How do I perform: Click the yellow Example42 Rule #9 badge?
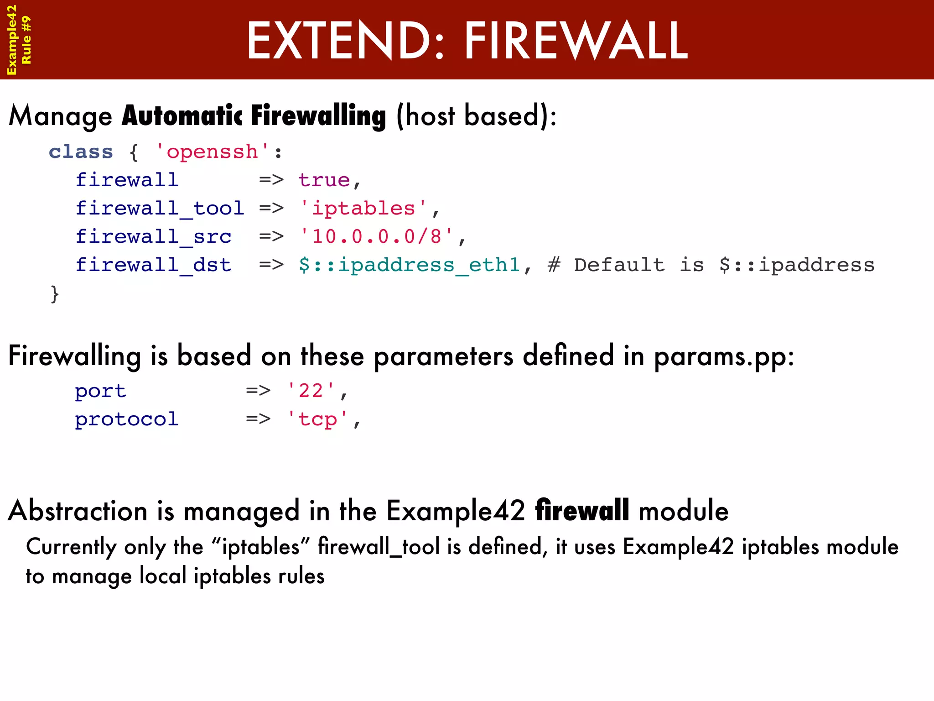[x=19, y=40]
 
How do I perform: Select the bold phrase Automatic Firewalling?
[x=254, y=116]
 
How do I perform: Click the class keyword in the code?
[x=81, y=152]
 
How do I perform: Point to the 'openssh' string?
[x=212, y=152]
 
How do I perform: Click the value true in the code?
[x=324, y=180]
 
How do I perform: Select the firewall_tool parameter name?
[x=160, y=209]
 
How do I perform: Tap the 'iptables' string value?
[x=363, y=209]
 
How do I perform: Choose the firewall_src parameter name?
[x=153, y=237]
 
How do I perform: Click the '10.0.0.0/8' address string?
[x=377, y=237]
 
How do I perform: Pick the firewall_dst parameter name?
[x=153, y=265]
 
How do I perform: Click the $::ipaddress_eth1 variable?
[x=409, y=265]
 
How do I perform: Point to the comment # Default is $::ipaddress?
[x=711, y=265]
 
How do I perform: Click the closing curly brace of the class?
[x=55, y=294]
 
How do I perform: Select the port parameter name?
[x=100, y=391]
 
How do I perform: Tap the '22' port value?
[x=311, y=391]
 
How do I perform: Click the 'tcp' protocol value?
[x=317, y=419]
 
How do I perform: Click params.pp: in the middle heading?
[x=724, y=356]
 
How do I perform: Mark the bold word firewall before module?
[x=582, y=511]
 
